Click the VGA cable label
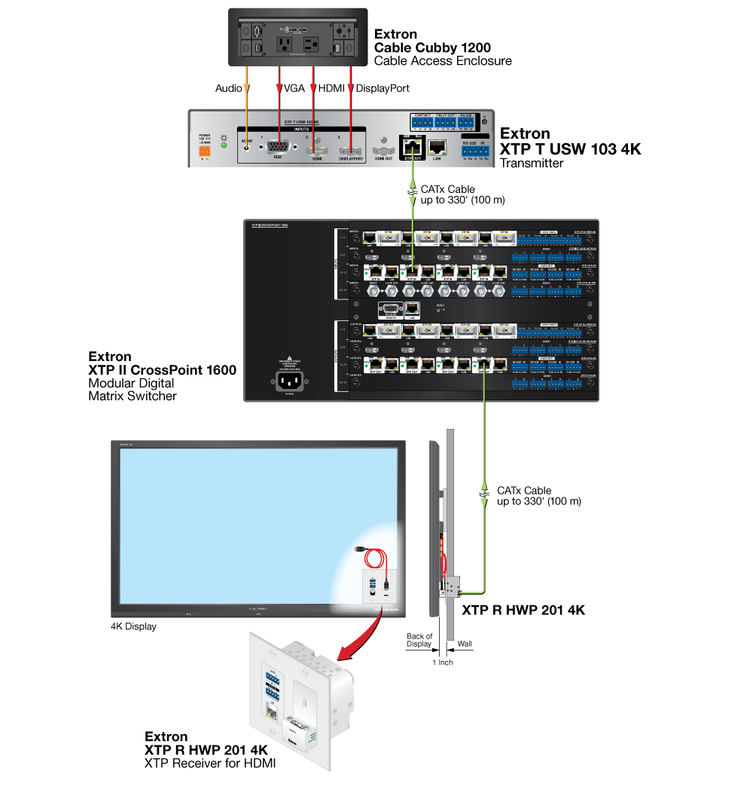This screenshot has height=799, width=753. tap(294, 88)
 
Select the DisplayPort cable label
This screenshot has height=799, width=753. tap(383, 88)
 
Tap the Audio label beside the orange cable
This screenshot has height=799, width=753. tap(228, 88)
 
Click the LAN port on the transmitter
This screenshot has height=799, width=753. tap(437, 146)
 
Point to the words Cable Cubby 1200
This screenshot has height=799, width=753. tap(428, 47)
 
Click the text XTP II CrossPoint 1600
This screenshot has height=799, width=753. tap(162, 370)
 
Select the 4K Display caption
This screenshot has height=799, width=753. tap(133, 626)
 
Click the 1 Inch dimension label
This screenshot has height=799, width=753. tap(443, 663)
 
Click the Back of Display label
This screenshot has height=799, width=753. tap(419, 640)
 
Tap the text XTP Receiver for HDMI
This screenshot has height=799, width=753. tap(210, 764)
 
